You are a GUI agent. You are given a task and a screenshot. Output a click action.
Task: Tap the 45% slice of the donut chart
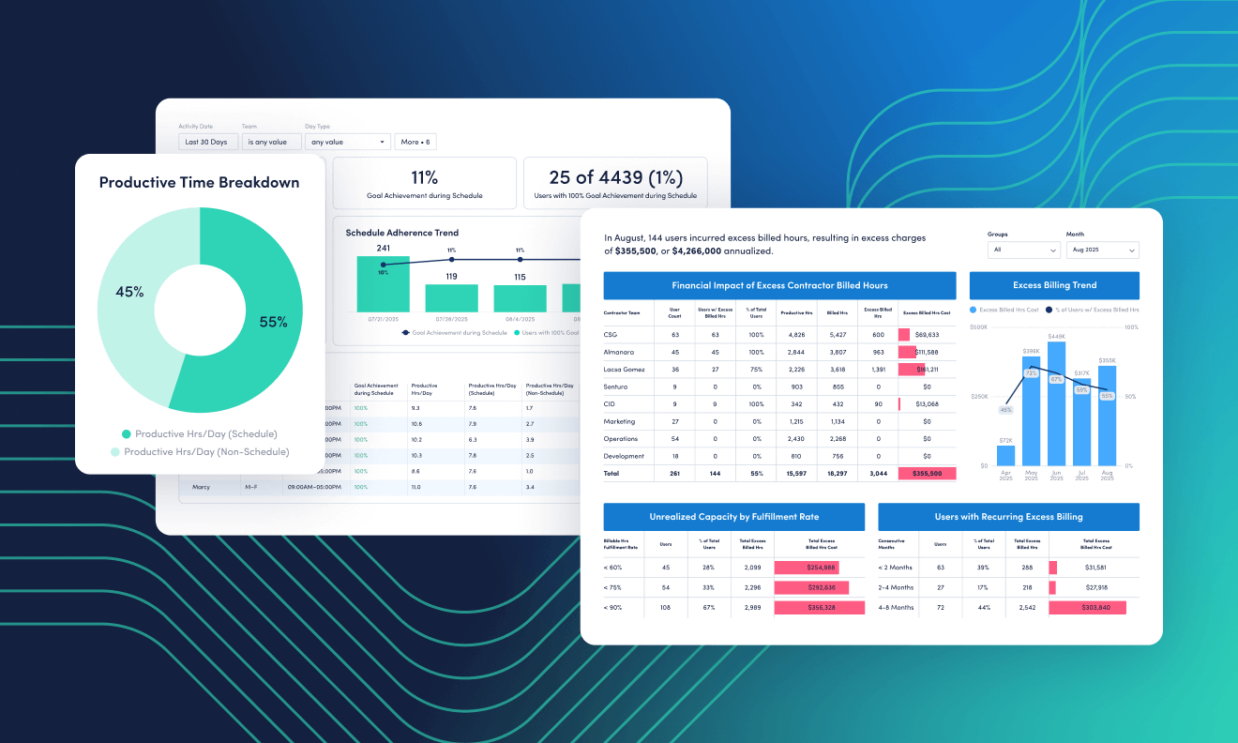point(129,292)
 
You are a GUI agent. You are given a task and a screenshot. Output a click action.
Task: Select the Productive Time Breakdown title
point(200,183)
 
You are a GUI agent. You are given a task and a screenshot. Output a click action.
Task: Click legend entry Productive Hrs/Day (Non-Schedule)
point(206,451)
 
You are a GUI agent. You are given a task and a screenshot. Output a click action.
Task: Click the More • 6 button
point(415,142)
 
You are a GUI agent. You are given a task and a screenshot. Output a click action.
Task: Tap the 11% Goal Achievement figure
point(424,177)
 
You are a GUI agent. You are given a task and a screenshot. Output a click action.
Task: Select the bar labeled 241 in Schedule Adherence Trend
point(383,284)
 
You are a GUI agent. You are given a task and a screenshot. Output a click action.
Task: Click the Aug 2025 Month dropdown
point(1102,250)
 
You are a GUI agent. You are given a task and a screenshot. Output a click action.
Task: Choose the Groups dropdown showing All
point(1023,250)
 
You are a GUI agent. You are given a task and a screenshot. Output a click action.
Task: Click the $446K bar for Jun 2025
point(1056,403)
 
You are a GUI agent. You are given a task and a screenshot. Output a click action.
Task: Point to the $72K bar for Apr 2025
point(1005,455)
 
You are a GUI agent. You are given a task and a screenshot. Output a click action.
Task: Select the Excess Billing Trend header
point(1054,285)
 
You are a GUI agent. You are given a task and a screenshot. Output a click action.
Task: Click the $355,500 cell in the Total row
point(927,474)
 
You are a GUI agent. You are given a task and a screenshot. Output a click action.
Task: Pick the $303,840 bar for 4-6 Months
point(1088,607)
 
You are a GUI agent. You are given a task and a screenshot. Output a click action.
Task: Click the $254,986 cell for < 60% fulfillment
point(807,568)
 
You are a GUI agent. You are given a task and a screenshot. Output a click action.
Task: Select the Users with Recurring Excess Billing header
point(1008,516)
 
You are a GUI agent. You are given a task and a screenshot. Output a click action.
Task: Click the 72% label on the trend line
point(1031,373)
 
